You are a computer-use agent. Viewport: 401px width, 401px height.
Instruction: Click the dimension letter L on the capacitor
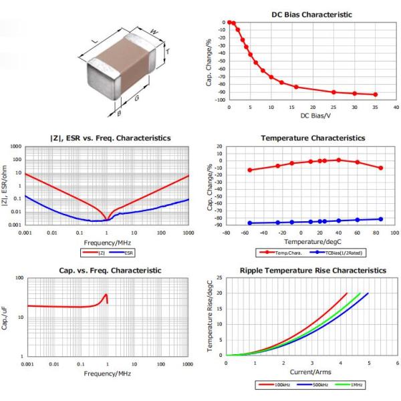[x=94, y=42]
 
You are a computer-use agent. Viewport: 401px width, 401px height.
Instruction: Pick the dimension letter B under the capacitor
[x=119, y=114]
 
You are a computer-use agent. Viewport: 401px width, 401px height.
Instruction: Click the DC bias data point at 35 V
[x=375, y=95]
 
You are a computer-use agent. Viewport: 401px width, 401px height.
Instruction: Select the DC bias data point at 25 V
[x=333, y=92]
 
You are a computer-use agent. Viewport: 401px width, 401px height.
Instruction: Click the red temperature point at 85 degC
[x=381, y=168]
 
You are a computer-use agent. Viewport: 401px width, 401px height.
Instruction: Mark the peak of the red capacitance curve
[x=106, y=295]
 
